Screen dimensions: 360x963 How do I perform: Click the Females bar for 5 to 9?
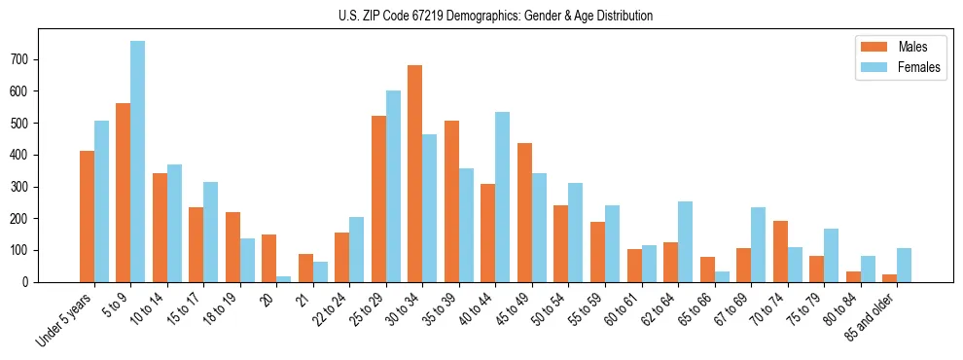coord(138,162)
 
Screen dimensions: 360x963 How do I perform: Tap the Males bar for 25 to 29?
coord(378,198)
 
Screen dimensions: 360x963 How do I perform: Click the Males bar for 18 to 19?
coord(232,247)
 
